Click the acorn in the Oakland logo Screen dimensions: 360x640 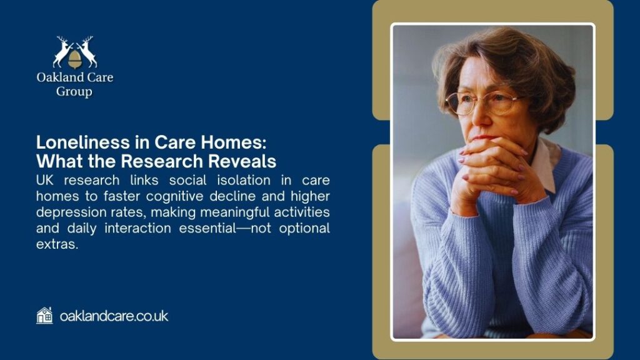coord(74,59)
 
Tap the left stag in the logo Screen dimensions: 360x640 coord(62,51)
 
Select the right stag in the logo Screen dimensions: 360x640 coord(87,51)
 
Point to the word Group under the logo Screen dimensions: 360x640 coord(74,92)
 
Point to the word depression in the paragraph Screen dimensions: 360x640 coord(71,212)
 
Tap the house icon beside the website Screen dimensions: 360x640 coord(44,316)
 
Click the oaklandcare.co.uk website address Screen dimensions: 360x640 coord(114,316)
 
